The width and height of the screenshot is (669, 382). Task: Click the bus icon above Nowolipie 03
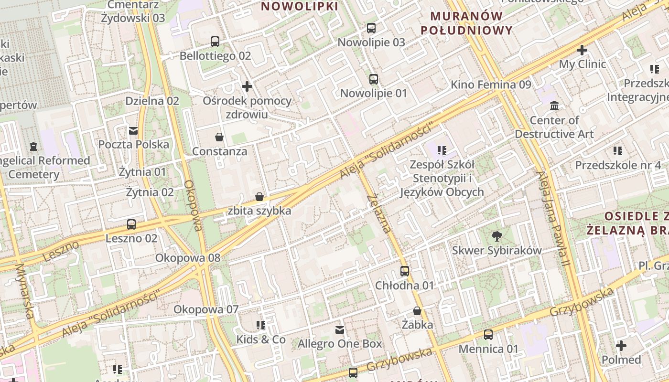371,28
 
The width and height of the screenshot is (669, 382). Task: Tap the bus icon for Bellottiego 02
215,42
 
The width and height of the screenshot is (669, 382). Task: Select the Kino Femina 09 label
491,85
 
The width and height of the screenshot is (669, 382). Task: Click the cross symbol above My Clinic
582,50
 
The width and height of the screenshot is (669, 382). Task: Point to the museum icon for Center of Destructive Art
554,106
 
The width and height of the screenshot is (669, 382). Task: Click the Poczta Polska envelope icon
133,130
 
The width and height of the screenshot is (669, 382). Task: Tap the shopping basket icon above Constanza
219,138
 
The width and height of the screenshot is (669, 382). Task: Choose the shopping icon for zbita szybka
259,197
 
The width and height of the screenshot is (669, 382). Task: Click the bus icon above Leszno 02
131,224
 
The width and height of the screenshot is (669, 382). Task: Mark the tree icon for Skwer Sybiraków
497,236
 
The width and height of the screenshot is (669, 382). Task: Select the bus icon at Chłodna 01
405,271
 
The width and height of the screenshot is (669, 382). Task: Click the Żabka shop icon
417,311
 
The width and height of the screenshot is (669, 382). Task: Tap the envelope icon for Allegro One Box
340,329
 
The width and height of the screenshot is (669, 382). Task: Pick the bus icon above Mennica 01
488,335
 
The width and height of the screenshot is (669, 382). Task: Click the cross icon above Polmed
621,345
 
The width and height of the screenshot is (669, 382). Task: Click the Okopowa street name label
193,205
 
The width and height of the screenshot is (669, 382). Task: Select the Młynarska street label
25,291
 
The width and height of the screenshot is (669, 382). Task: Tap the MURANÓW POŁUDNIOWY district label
467,23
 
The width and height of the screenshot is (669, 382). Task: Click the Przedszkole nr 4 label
618,165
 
